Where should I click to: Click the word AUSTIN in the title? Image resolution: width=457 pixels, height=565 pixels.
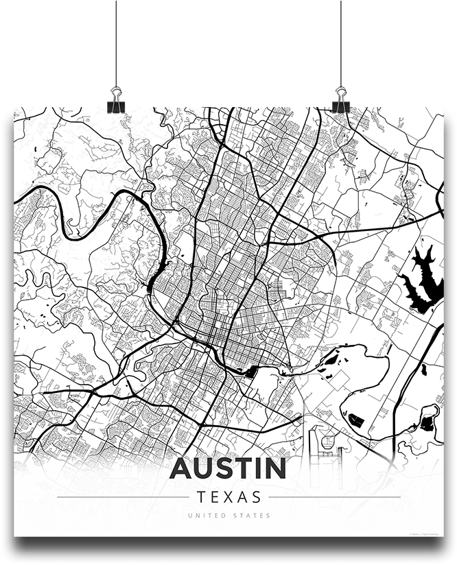point(228,468)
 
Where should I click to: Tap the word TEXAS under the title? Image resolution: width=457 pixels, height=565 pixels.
point(228,496)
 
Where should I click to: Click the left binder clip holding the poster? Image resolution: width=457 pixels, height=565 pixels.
point(116,100)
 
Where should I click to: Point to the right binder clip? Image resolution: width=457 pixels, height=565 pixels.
point(341,100)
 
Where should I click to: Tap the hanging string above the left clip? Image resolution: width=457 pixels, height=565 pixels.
point(117,41)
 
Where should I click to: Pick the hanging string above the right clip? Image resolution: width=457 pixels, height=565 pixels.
point(341,41)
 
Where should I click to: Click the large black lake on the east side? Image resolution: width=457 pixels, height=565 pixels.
point(419,281)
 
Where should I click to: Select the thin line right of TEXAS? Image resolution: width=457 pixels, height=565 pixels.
point(334,496)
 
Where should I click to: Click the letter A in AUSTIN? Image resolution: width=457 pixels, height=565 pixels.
point(180,468)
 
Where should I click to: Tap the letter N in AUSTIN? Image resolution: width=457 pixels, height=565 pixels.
point(274,468)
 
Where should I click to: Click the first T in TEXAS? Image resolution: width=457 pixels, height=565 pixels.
point(200,496)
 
